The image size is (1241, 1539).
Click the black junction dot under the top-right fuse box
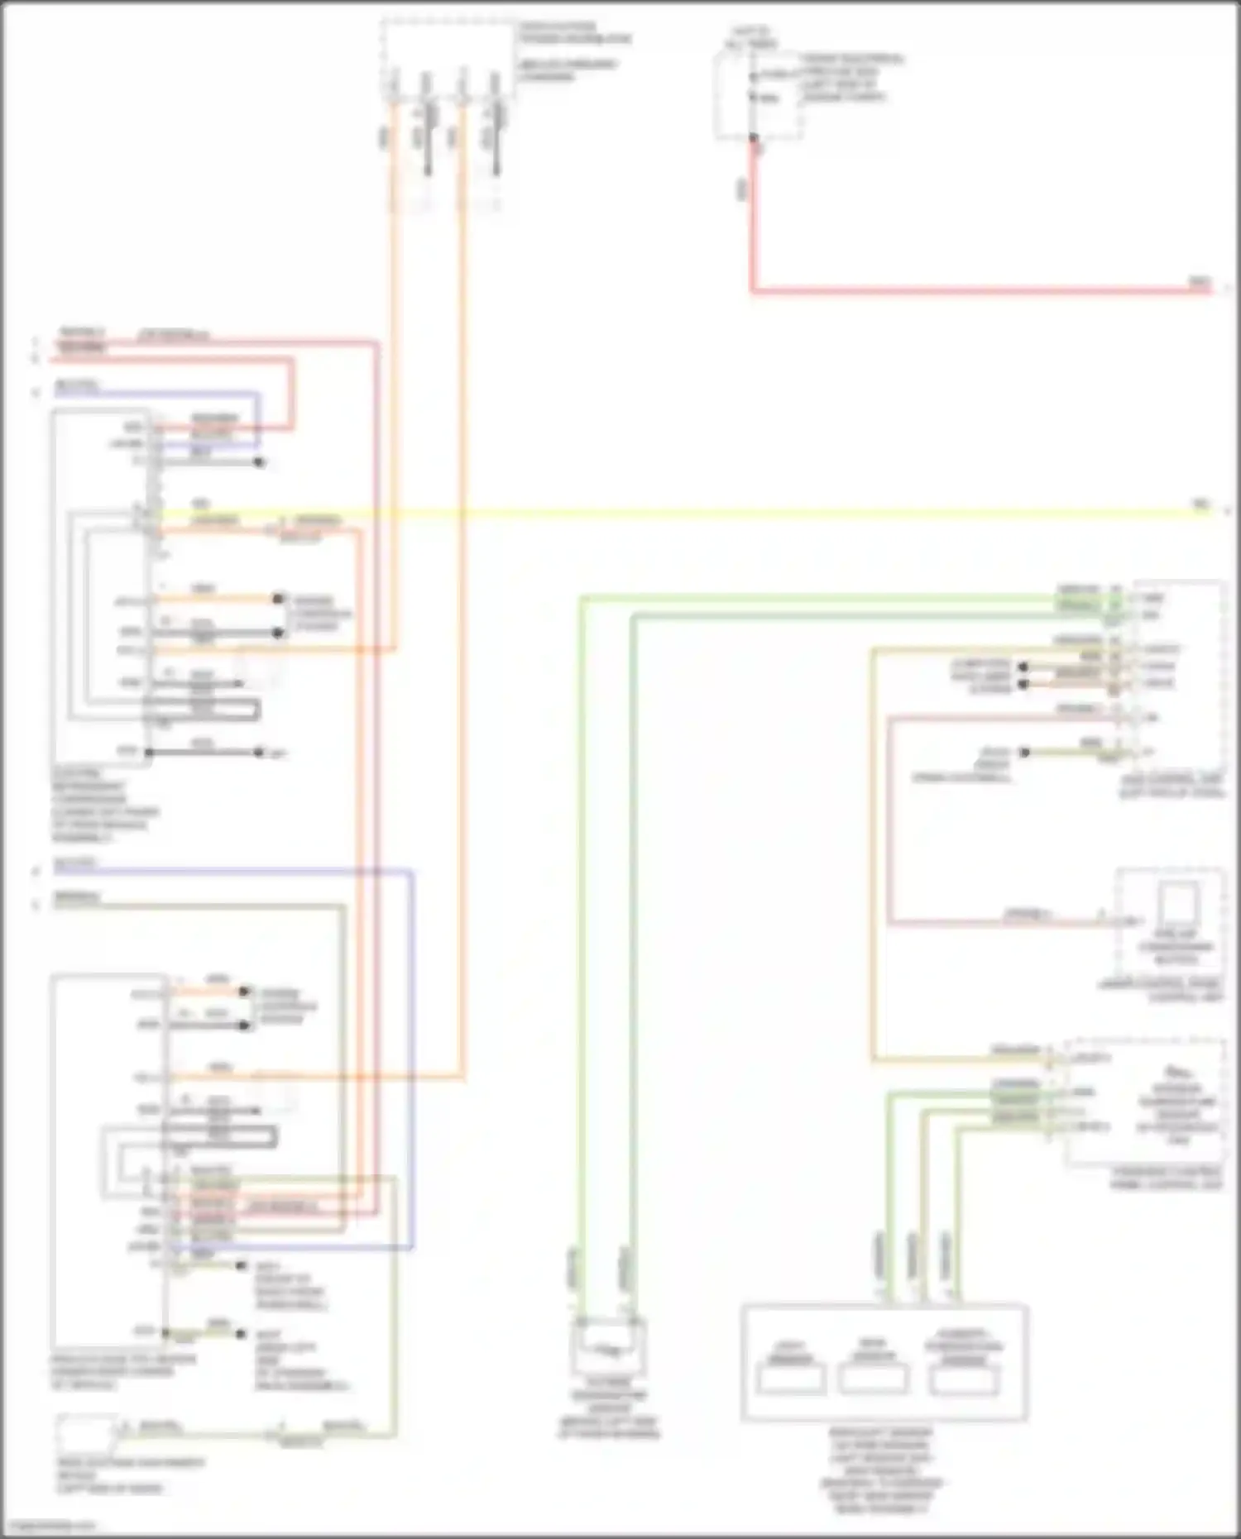[x=753, y=138]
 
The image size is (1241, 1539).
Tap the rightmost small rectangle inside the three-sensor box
[x=963, y=1381]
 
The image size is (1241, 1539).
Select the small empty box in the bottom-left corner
[x=87, y=1436]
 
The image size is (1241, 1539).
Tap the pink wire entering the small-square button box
[x=993, y=921]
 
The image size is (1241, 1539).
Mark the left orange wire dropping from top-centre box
[x=394, y=372]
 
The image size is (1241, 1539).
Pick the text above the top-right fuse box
[x=750, y=38]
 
